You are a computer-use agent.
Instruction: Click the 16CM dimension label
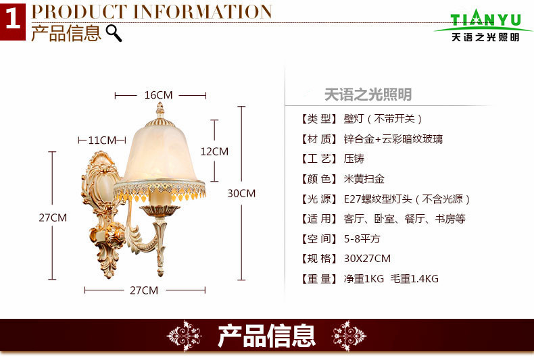coord(159,95)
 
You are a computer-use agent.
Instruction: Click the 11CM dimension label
coord(103,140)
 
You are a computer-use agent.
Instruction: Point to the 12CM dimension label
coord(215,151)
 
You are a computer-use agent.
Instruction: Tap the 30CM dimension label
coord(241,193)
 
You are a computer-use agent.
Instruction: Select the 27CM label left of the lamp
coord(53,217)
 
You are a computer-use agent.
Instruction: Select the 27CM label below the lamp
coord(144,290)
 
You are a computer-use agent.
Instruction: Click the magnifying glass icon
coord(114,33)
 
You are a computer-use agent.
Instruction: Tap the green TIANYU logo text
coord(485,19)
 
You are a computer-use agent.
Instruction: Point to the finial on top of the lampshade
coord(161,109)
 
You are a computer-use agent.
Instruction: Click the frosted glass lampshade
coord(162,152)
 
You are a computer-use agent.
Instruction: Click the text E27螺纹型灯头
coord(376,199)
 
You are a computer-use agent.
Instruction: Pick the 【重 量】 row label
coord(318,278)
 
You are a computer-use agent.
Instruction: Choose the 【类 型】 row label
coord(318,119)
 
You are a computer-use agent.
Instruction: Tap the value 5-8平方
coord(362,239)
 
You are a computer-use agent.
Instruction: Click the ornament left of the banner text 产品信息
coord(184,336)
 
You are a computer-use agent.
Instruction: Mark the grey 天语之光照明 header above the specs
coord(368,95)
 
